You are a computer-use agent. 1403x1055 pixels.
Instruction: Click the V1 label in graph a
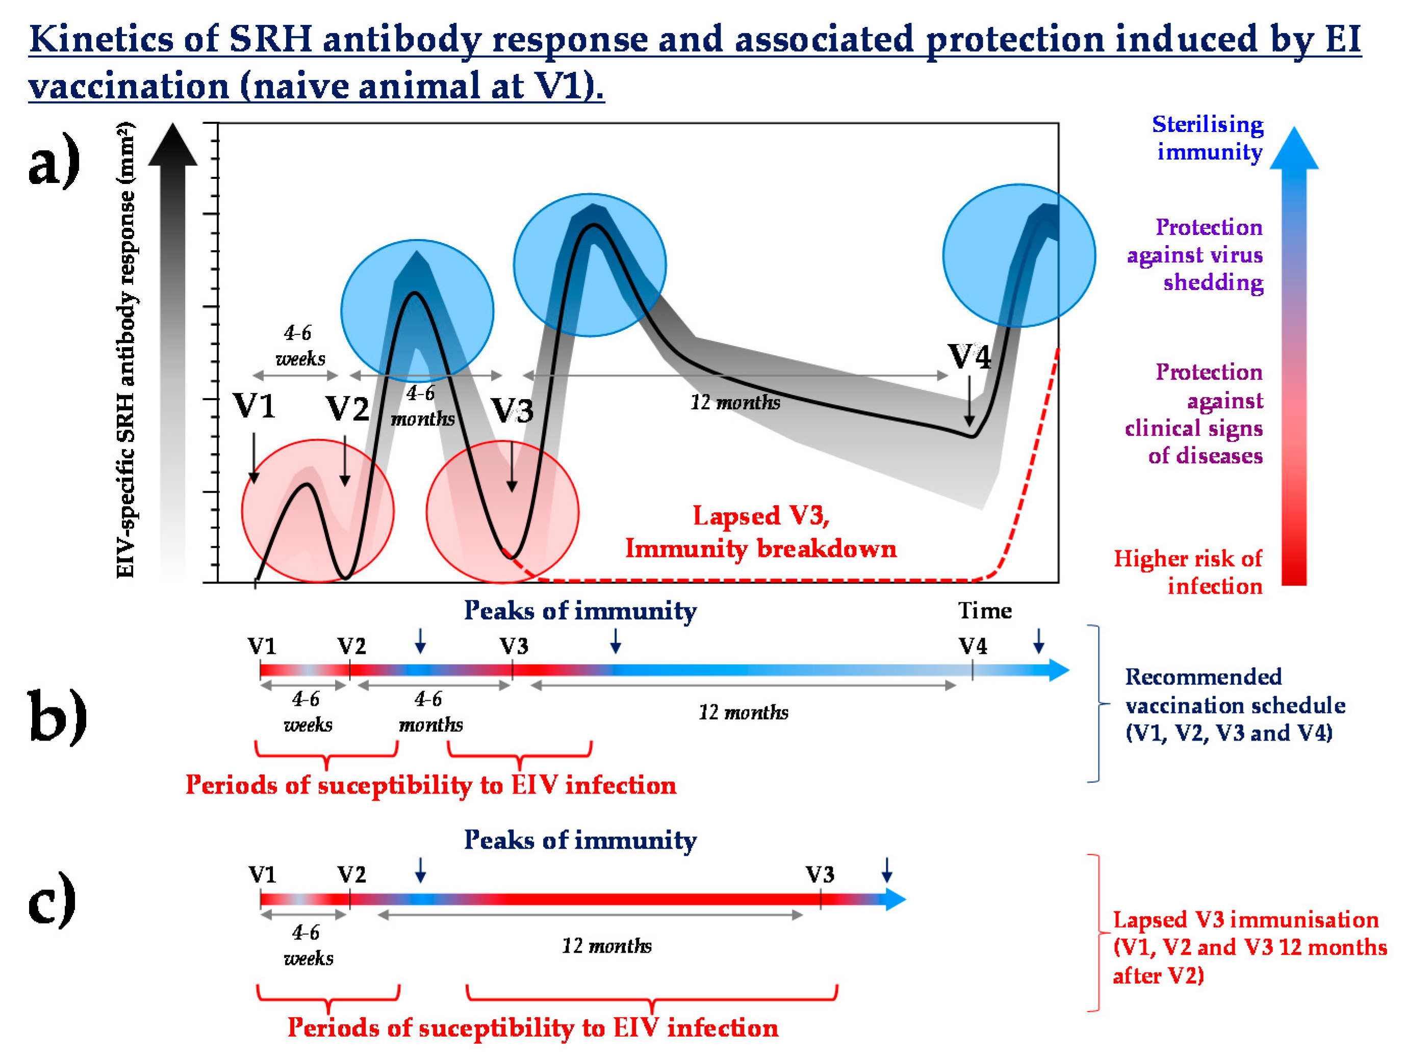click(253, 406)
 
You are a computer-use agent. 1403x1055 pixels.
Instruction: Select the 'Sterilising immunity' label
click(1208, 138)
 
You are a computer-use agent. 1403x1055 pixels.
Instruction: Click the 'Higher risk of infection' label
click(1189, 572)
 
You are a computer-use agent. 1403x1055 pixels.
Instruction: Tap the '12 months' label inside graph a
click(735, 403)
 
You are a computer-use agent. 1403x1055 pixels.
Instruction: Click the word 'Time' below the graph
click(984, 611)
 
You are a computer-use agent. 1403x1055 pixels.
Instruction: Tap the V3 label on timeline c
click(820, 875)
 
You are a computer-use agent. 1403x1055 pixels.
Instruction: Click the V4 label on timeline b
click(973, 646)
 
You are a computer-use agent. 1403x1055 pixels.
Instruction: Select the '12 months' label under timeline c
click(606, 946)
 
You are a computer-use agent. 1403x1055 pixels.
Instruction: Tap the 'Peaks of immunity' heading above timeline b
click(580, 611)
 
